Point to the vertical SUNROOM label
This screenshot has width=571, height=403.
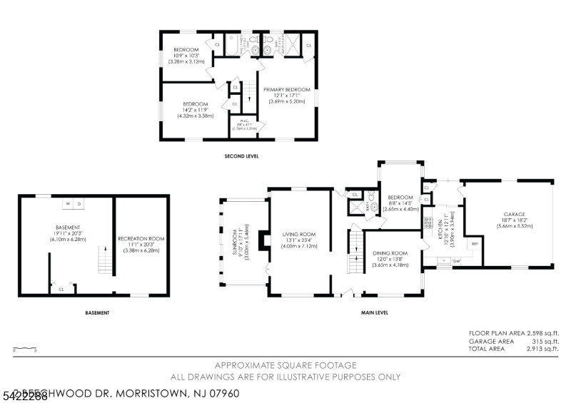click(x=237, y=243)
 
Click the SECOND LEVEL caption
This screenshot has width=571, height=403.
click(x=241, y=155)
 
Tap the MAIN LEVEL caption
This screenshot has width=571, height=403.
click(x=374, y=312)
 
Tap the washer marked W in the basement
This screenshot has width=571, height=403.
click(x=69, y=203)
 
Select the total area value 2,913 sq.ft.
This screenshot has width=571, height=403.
click(x=541, y=349)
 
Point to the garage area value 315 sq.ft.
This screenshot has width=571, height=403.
click(x=546, y=341)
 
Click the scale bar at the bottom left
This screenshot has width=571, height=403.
click(x=24, y=349)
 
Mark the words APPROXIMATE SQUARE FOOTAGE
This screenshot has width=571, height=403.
click(x=285, y=365)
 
